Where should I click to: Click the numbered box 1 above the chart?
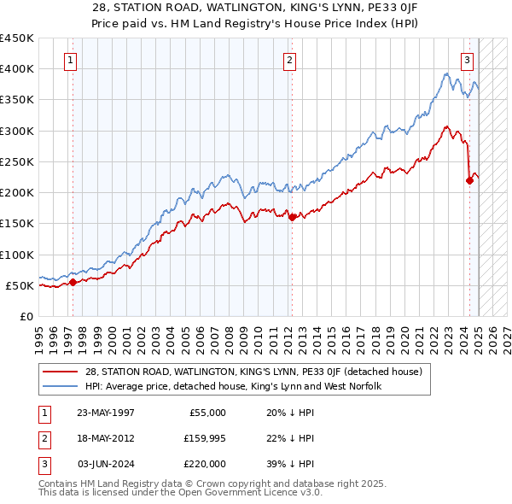[x=69, y=60]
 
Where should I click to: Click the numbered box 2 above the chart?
[x=290, y=60]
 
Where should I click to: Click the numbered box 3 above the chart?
[x=468, y=60]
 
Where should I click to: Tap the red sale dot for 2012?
[x=293, y=217]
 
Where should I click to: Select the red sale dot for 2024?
[x=469, y=179]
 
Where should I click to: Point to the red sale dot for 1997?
[x=73, y=282]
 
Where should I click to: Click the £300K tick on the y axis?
[x=16, y=131]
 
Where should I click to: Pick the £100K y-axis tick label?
[x=16, y=255]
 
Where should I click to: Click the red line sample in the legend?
[x=61, y=371]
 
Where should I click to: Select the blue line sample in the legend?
[x=61, y=386]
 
